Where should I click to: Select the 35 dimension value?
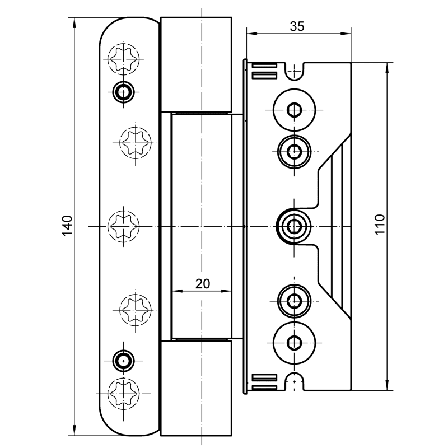click(297, 26)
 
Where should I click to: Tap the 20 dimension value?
click(202, 284)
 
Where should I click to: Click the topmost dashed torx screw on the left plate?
click(123, 58)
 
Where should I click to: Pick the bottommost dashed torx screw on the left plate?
click(123, 394)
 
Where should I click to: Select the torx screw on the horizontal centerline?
click(123, 226)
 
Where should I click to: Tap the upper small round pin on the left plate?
click(122, 90)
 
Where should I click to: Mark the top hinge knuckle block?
click(196, 64)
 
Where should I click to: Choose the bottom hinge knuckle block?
click(196, 388)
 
